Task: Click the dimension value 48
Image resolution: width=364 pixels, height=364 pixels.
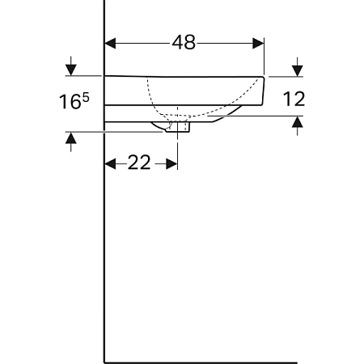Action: [x=184, y=43]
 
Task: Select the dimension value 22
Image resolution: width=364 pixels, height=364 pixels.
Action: [x=140, y=163]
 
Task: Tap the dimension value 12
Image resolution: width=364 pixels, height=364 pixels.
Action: [x=294, y=99]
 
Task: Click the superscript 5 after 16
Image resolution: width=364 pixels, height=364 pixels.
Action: [x=83, y=97]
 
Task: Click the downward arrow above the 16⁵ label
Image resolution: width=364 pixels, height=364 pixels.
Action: [x=72, y=67]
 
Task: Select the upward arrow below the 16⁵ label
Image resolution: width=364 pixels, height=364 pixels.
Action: [x=72, y=141]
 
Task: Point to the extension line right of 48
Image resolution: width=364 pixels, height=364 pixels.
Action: [x=265, y=57]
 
